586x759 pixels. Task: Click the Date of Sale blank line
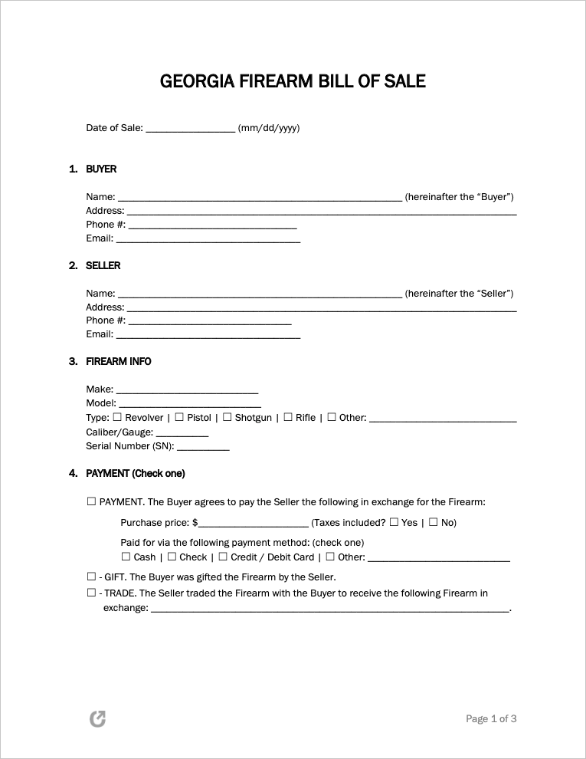(190, 129)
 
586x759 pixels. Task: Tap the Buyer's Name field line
(260, 198)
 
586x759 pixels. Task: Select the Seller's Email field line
(208, 335)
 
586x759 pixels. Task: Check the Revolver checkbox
(117, 417)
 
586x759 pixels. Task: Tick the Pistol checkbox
(179, 417)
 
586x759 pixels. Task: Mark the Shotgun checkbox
(227, 417)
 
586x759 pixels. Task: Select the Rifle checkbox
(288, 417)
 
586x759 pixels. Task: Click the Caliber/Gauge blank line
(182, 432)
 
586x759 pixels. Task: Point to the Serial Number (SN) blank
(203, 446)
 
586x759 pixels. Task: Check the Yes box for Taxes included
(394, 522)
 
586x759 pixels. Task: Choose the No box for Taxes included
(433, 522)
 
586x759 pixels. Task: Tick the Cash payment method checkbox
(126, 557)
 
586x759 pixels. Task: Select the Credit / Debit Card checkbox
(223, 557)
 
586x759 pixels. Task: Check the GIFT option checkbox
(91, 577)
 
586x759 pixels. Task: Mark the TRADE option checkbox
(91, 593)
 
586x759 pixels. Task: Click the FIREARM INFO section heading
(119, 362)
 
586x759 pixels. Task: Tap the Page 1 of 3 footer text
(491, 719)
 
